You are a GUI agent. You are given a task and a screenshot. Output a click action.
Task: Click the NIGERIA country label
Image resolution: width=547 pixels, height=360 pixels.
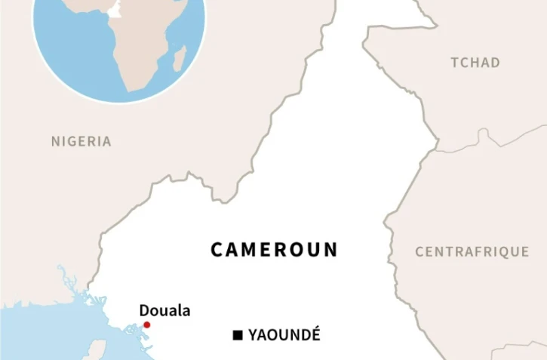tap(81, 141)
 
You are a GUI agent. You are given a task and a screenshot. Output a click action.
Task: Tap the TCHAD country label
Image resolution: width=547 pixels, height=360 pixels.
tap(475, 63)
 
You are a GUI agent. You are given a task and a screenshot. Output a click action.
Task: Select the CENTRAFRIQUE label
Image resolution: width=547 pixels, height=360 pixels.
tap(472, 252)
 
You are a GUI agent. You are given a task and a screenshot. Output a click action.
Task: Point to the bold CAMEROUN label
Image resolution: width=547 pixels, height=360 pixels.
tap(274, 250)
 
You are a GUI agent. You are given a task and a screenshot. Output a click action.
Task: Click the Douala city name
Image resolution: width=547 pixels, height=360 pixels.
tap(164, 310)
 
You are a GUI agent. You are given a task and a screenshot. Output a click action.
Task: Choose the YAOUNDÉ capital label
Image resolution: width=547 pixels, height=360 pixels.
tap(284, 335)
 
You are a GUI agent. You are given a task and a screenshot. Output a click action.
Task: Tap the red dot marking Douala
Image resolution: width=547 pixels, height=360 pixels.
tap(147, 325)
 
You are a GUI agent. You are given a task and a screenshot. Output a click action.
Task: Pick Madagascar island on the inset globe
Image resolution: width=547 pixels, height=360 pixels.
tap(180, 59)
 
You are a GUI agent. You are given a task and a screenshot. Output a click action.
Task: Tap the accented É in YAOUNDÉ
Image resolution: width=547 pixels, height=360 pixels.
tap(315, 334)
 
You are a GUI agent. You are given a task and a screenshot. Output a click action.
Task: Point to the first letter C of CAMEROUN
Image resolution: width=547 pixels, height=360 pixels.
tap(216, 250)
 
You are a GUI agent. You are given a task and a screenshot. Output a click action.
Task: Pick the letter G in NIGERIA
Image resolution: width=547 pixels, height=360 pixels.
tap(72, 141)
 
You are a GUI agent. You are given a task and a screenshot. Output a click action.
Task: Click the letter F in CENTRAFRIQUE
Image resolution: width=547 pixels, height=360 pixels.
tap(474, 252)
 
